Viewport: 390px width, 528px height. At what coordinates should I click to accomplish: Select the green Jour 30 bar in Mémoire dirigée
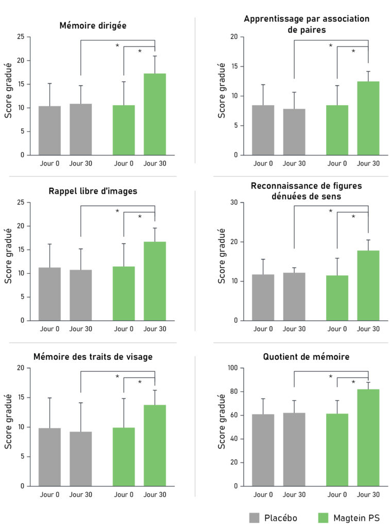pyautogui.click(x=155, y=114)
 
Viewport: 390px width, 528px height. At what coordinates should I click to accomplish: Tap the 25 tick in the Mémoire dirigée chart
pyautogui.click(x=20, y=37)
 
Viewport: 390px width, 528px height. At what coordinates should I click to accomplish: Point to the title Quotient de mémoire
pyautogui.click(x=306, y=356)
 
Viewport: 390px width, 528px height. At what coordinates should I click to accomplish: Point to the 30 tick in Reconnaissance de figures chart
pyautogui.click(x=233, y=203)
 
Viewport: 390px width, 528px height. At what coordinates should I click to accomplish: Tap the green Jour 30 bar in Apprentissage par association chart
pyautogui.click(x=368, y=118)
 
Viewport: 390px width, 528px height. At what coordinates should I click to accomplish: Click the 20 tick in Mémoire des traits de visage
pyautogui.click(x=20, y=368)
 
